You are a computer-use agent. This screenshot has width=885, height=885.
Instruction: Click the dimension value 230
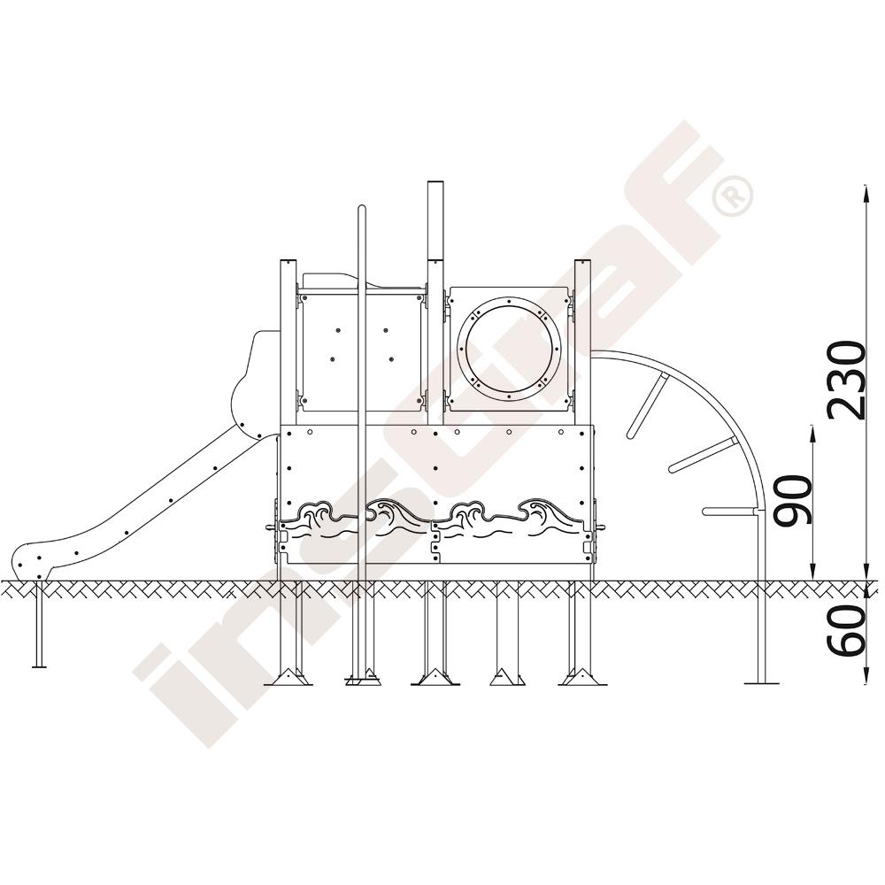[845, 381]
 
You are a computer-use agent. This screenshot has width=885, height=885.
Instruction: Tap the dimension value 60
[845, 628]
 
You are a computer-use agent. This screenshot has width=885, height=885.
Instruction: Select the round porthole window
[510, 350]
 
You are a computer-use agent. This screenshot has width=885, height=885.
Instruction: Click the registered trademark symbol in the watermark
[732, 196]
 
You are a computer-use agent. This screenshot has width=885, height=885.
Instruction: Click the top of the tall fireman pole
[362, 208]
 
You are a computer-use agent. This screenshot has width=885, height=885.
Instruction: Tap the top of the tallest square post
[435, 183]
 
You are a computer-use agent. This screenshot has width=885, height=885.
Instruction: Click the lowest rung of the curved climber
[731, 512]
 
